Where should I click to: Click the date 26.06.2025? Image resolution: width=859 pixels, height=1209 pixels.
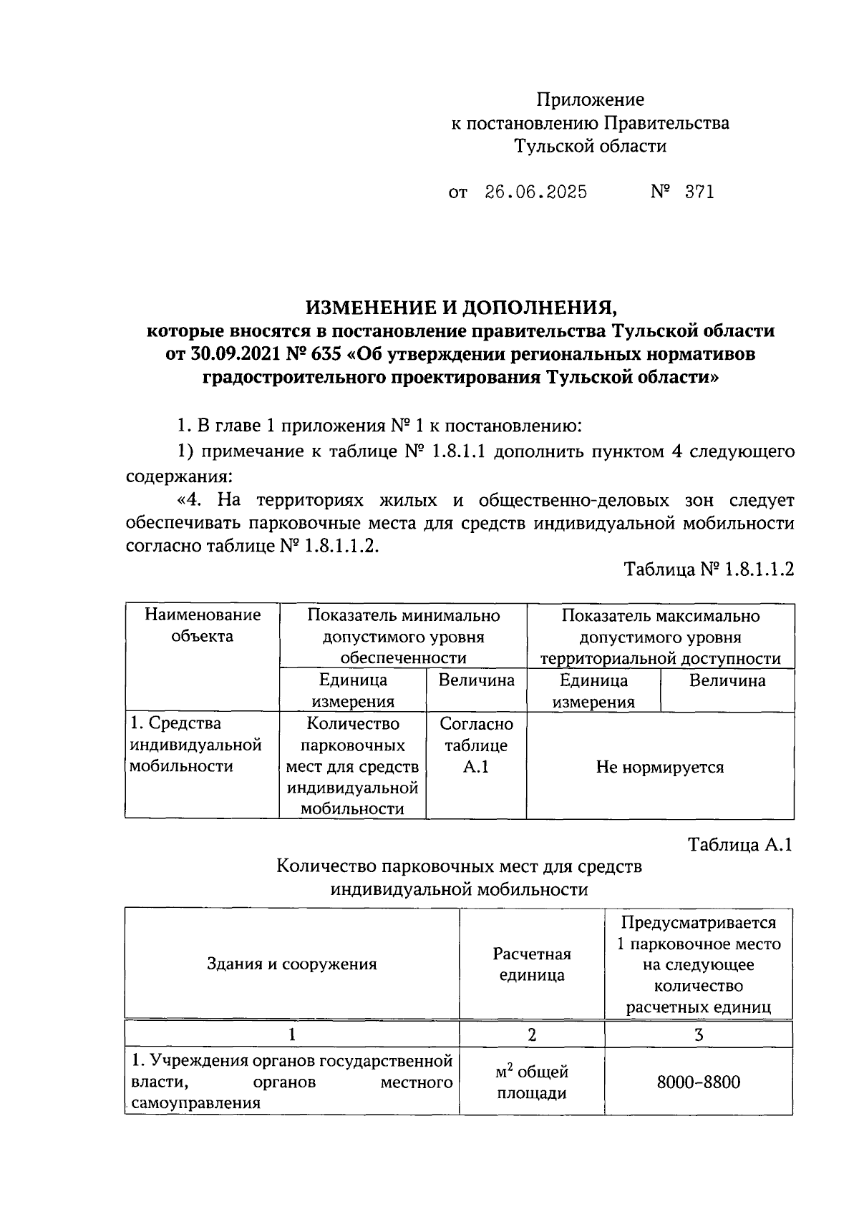pos(535,192)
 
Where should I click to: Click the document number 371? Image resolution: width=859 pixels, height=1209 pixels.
pos(699,192)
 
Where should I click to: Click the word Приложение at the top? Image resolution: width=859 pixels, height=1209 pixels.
pos(591,99)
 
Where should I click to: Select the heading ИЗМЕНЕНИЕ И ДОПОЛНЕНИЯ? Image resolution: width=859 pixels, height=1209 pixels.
pos(461,308)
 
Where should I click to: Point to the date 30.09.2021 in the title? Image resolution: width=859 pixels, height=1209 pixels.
pos(235,354)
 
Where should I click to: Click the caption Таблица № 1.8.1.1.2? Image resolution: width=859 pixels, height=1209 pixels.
pos(709,569)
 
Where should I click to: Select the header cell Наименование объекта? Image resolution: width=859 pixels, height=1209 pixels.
pos(203,626)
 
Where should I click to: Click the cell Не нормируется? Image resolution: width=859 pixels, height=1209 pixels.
pos(660,767)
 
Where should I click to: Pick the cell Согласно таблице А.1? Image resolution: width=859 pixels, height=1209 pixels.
pos(476,745)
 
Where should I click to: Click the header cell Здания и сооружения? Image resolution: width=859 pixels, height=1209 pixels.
pos(291,964)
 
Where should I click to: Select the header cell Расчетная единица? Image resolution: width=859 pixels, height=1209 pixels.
pos(531,964)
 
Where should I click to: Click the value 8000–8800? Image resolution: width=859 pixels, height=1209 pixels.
pos(699,1082)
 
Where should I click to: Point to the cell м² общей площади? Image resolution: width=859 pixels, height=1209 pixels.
pos(531,1082)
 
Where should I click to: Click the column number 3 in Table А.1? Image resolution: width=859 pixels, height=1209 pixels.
pos(699,1034)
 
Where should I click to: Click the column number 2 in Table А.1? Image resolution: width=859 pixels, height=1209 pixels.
pos(531,1034)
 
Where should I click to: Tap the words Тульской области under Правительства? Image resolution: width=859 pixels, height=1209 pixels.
pos(591,147)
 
